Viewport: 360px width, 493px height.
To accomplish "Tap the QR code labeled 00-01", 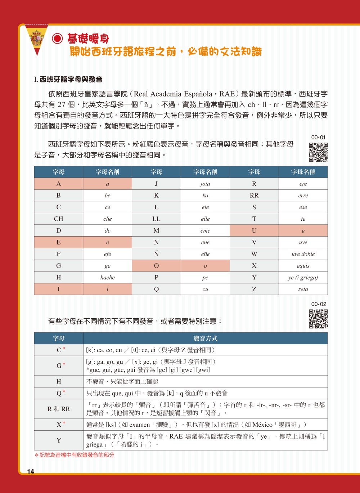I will pyautogui.click(x=318, y=152).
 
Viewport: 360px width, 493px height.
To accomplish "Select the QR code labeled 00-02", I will pyautogui.click(x=318, y=319).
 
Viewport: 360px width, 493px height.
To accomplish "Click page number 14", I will pyautogui.click(x=30, y=472).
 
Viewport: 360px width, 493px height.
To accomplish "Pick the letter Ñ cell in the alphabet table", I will pyautogui.click(x=156, y=254).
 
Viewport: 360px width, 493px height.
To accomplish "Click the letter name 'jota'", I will pyautogui.click(x=205, y=184).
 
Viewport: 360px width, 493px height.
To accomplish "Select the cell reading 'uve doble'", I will pyautogui.click(x=303, y=254).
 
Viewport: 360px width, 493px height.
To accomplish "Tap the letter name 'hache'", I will pyautogui.click(x=107, y=278).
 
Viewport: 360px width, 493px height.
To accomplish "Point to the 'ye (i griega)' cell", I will pyautogui.click(x=303, y=278).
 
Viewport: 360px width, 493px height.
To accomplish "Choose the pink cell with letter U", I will pyautogui.click(x=254, y=231).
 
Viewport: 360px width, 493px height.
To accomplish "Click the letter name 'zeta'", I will pyautogui.click(x=303, y=289).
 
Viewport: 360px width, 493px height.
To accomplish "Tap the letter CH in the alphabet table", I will pyautogui.click(x=59, y=219).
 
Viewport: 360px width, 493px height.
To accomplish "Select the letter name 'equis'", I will pyautogui.click(x=303, y=266).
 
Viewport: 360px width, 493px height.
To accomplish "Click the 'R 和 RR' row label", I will pyautogui.click(x=59, y=409).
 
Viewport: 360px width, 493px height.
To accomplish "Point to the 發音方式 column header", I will pyautogui.click(x=205, y=339).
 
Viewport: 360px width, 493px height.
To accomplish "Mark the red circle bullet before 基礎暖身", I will pyautogui.click(x=58, y=39).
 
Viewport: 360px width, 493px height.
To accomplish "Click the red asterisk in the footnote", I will pyautogui.click(x=36, y=455).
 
